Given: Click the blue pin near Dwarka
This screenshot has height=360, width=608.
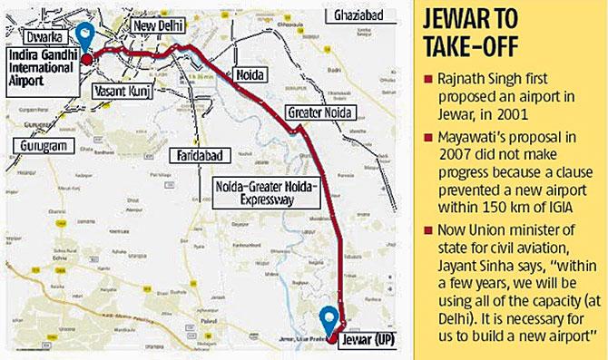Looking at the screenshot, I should coord(86,34).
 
